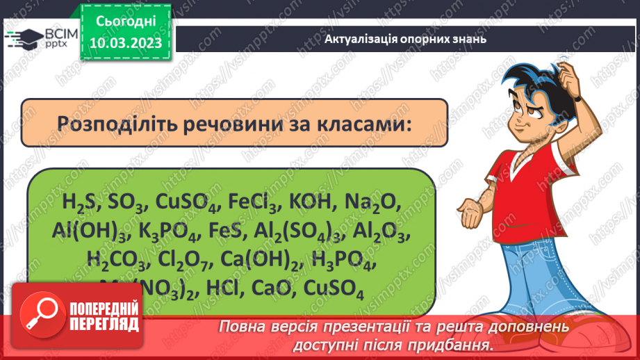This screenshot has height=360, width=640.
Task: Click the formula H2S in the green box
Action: tap(79, 203)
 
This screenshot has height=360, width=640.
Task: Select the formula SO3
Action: tap(125, 203)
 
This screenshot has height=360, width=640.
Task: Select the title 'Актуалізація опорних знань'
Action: tap(405, 39)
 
